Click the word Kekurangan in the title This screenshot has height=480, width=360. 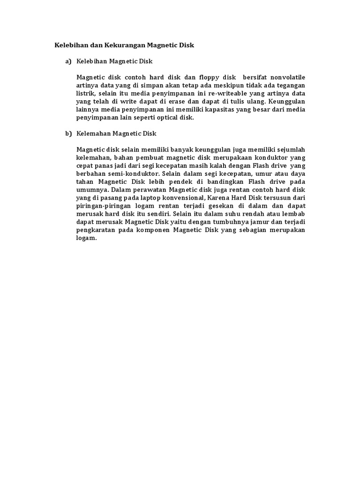pos(124,45)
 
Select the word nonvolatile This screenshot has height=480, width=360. pos(286,76)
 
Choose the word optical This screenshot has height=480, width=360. pos(170,118)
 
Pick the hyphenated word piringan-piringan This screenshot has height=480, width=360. pos(103,206)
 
